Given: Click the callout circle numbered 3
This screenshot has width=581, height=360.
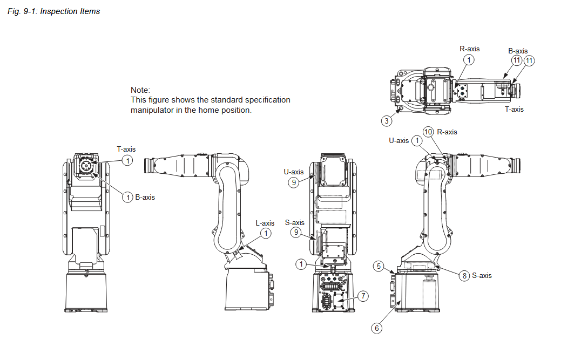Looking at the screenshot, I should click(387, 121).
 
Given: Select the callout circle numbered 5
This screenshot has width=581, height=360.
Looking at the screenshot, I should click(379, 266).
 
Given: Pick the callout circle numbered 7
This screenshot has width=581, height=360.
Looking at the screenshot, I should click(363, 296).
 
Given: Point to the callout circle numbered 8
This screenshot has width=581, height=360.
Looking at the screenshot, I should click(464, 276).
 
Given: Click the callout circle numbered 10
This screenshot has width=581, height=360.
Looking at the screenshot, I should click(428, 132).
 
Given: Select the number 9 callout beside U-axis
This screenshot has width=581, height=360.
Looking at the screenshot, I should click(294, 182).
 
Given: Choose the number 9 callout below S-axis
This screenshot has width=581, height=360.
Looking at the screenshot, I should click(295, 233).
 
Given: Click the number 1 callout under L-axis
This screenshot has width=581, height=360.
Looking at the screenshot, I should click(266, 233).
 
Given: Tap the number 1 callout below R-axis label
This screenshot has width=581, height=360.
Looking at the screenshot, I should click(469, 60).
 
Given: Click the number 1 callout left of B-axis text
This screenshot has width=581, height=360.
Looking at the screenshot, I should click(128, 198).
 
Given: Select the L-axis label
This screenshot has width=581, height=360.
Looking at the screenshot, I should click(265, 223).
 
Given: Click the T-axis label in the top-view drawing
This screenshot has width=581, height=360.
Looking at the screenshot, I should click(514, 109).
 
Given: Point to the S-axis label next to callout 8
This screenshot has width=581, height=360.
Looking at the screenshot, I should click(482, 275).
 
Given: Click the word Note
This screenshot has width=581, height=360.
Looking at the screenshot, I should click(140, 90).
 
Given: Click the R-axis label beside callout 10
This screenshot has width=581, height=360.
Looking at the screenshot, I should click(447, 132).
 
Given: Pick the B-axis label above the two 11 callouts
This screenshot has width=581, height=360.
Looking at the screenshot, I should click(518, 51).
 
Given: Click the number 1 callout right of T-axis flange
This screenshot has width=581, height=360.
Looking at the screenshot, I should click(127, 160).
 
